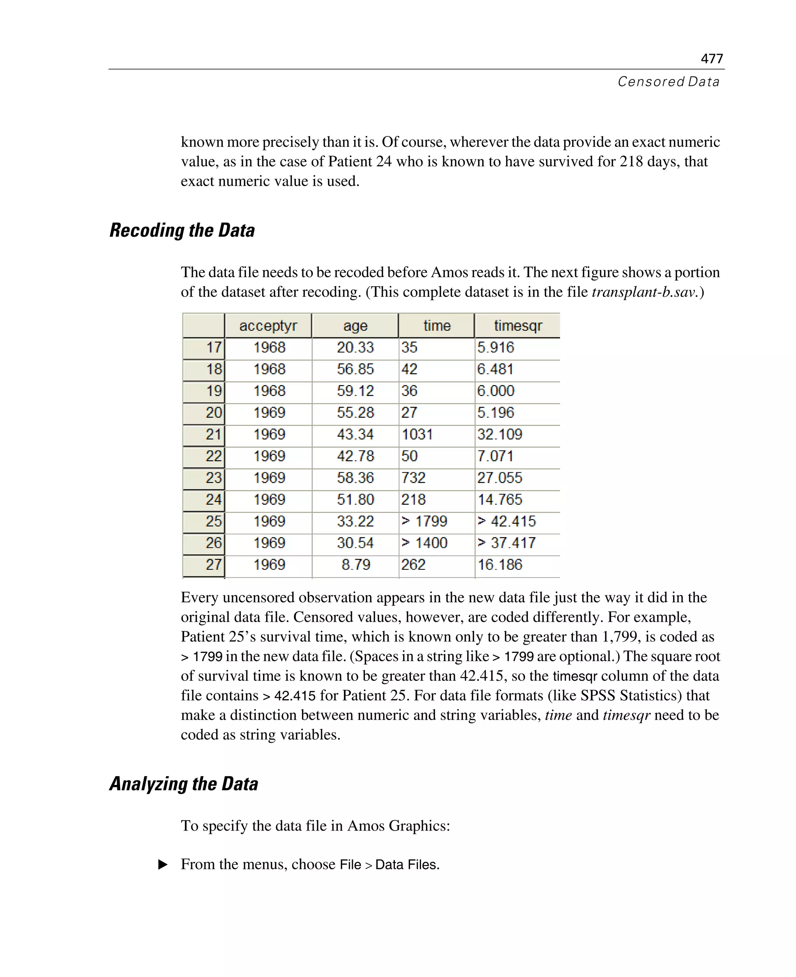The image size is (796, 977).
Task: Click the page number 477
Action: (711, 59)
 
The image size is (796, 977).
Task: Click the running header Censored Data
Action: (668, 82)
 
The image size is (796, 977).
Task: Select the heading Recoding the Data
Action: (182, 230)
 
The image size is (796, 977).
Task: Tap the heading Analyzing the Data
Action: (183, 783)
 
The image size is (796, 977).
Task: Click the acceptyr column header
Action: (268, 326)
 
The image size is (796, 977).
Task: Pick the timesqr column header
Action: (518, 326)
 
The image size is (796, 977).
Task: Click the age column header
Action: (355, 326)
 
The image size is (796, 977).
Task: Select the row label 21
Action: (213, 434)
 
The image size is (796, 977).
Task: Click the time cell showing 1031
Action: (417, 434)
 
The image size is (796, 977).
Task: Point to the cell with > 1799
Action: (424, 521)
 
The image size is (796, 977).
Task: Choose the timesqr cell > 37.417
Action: (506, 543)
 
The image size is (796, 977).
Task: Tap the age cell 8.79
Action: (355, 564)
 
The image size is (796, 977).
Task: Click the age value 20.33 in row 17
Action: (355, 347)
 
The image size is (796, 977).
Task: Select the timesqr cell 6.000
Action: (496, 391)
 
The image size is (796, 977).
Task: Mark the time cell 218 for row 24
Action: (413, 500)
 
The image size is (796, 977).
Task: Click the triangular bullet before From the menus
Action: (163, 865)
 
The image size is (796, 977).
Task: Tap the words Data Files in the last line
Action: (407, 865)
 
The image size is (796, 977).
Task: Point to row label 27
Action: (213, 564)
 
